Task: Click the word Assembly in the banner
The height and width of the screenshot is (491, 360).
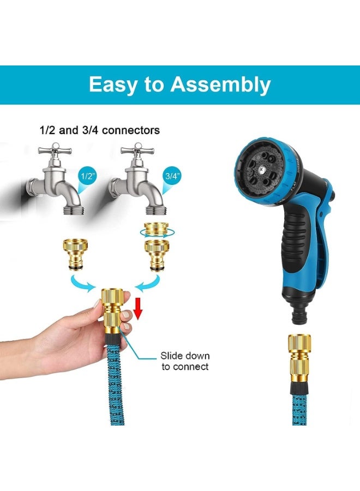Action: click(220, 85)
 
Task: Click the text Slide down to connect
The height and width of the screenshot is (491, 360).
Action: click(184, 361)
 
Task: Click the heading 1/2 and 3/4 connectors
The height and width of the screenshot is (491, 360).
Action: click(100, 130)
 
